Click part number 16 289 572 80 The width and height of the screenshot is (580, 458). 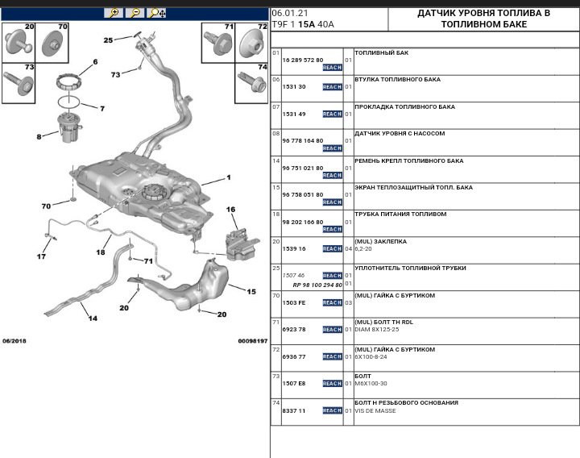tap(302, 60)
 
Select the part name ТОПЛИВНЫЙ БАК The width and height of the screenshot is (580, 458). tap(381, 52)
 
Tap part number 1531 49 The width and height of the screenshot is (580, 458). tap(294, 114)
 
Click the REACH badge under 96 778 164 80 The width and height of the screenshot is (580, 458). tap(332, 148)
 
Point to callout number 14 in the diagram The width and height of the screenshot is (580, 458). tap(93, 319)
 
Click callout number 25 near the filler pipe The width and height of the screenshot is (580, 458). tap(108, 40)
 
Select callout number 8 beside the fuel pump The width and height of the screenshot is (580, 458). tap(39, 137)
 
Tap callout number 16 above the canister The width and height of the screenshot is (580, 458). tap(230, 210)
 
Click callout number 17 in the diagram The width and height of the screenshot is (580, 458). tap(41, 257)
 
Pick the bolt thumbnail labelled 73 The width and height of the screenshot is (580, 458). tap(19, 83)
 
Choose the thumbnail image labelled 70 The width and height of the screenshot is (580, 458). tap(55, 42)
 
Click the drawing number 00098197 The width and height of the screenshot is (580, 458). tap(251, 341)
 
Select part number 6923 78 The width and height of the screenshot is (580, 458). tap(294, 329)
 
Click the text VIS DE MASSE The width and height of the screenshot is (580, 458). tap(375, 411)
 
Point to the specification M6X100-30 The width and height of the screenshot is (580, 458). tap(371, 384)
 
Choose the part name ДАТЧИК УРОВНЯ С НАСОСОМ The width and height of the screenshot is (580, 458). tap(400, 133)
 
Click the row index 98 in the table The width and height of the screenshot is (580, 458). tap(275, 214)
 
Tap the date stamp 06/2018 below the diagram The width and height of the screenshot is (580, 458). tap(14, 341)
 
